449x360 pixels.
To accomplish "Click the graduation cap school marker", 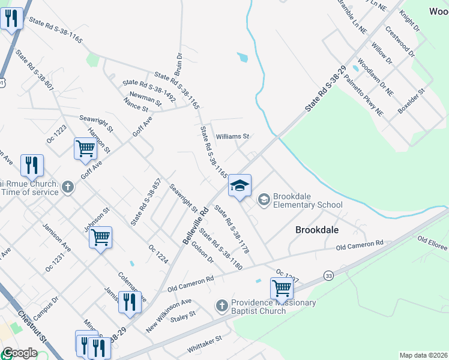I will click(239, 185).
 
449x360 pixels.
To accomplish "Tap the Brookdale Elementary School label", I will click(307, 200).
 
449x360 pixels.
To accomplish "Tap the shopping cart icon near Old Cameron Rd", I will click(282, 288).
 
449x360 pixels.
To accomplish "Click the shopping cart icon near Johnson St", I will click(100, 237).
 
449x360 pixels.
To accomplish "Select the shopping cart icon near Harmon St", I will click(85, 148).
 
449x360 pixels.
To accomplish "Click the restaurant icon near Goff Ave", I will click(32, 165).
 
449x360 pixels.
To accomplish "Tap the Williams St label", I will click(232, 136).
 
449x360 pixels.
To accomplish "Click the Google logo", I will click(20, 353).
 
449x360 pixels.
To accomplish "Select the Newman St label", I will click(145, 98).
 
